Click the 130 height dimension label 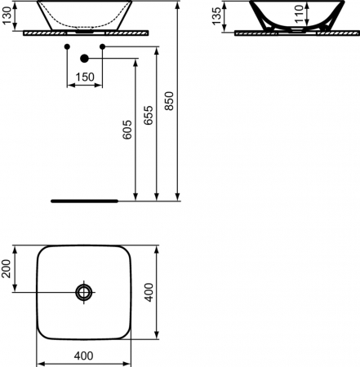pos(7,15)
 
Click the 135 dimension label pos(216,16)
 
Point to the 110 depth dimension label pos(299,14)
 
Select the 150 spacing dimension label pos(85,77)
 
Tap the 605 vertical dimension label pos(127,130)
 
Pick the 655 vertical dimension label pos(149,115)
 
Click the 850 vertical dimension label pos(169,101)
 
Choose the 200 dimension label pos(6,268)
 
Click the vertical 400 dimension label pos(149,292)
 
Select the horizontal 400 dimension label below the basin pos(83,356)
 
